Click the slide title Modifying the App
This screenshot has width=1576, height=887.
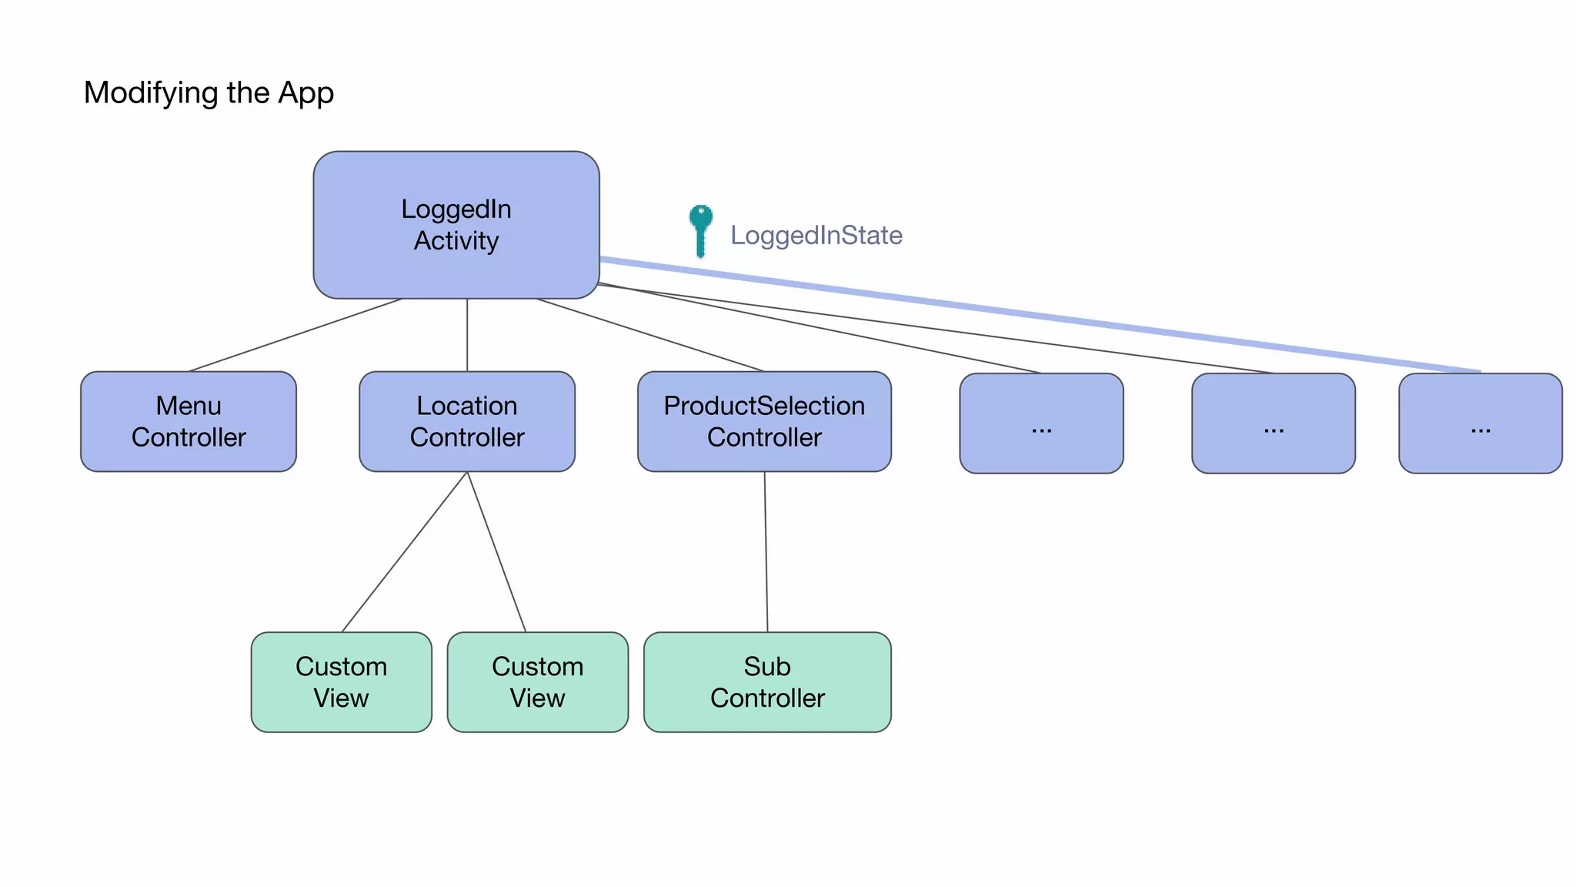point(209,93)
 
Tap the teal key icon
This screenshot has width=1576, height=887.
point(700,229)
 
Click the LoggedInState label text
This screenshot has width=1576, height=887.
point(816,236)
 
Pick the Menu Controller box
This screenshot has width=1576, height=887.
point(189,422)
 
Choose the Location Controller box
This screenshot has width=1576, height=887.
point(467,422)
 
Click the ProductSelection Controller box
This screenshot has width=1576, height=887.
point(764,422)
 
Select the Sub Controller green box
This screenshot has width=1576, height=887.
point(767,682)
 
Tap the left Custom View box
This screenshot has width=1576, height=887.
point(341,682)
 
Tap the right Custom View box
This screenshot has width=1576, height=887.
point(537,682)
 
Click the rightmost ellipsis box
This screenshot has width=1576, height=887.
point(1480,423)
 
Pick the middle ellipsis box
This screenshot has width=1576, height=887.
point(1273,423)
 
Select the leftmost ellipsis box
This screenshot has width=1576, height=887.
point(1041,423)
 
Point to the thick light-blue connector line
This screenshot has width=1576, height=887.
point(1039,315)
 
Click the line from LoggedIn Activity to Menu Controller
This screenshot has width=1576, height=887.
point(296,335)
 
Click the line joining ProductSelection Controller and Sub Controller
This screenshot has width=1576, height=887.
point(766,551)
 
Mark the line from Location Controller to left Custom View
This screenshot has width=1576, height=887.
point(405,551)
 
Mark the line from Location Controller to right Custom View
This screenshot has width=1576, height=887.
point(496,551)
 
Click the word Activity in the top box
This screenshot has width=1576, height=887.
point(456,241)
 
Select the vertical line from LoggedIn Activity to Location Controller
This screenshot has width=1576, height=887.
point(467,335)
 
